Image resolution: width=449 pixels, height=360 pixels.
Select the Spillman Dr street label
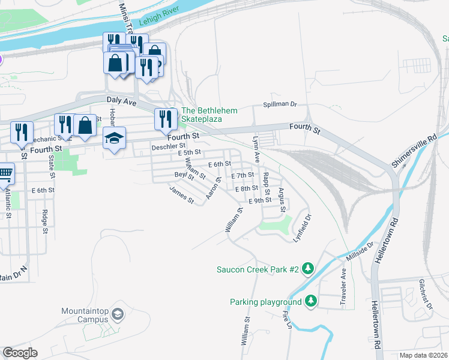pyautogui.click(x=280, y=104)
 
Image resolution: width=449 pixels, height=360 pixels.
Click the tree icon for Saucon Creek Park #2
pyautogui.click(x=308, y=269)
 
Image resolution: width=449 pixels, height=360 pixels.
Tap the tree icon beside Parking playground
pyautogui.click(x=310, y=301)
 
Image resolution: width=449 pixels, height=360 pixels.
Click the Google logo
pyautogui.click(x=20, y=353)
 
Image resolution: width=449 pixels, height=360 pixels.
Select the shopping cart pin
pyautogui.click(x=5, y=173)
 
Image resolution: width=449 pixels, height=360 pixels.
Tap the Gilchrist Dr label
pyautogui.click(x=426, y=293)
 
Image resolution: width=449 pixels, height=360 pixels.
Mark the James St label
pyautogui.click(x=182, y=195)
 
